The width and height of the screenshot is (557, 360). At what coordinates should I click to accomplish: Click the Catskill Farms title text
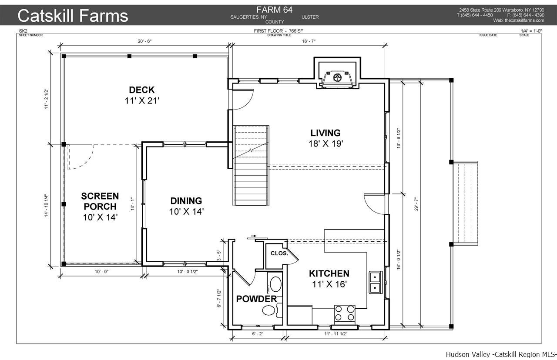click(73, 15)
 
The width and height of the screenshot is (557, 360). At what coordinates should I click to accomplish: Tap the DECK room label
click(142, 90)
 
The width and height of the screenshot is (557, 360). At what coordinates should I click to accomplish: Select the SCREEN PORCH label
click(100, 201)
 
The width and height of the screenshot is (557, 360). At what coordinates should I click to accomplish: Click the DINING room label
click(186, 201)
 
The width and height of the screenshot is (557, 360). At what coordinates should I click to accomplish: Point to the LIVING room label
click(325, 133)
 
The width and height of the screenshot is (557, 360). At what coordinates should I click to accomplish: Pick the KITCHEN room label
click(329, 273)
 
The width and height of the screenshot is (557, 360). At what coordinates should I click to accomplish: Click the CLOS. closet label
click(279, 253)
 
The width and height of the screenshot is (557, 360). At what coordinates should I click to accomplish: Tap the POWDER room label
click(256, 299)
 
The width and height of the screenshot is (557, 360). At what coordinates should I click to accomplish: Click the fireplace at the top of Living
click(337, 78)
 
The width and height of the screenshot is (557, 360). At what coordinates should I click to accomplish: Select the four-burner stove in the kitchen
click(345, 313)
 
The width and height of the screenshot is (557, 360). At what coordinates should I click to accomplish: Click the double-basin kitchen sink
click(375, 282)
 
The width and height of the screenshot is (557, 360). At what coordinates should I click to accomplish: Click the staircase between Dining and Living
click(251, 165)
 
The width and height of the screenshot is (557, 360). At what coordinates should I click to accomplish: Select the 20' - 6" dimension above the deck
click(144, 41)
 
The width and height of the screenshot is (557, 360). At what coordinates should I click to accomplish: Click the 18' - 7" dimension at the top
click(309, 41)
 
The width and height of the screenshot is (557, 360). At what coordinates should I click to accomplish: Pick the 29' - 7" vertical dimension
click(416, 204)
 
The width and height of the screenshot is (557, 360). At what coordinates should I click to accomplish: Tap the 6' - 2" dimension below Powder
click(258, 333)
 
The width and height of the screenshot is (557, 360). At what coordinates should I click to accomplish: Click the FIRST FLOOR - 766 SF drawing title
click(278, 31)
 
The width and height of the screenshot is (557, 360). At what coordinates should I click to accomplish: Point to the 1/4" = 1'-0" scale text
click(531, 31)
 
